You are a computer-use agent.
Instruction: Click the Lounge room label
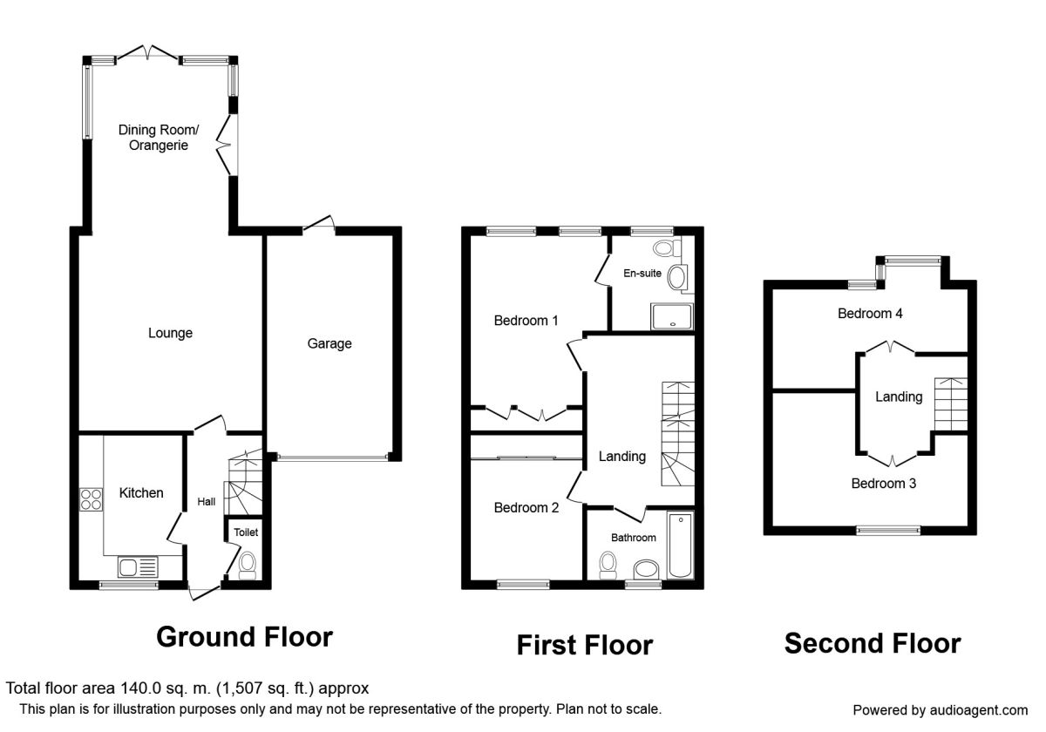(171, 333)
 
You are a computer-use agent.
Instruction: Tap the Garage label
(329, 343)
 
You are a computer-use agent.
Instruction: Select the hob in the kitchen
(91, 499)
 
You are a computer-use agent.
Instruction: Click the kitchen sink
(138, 567)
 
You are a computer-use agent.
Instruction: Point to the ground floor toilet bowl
(247, 566)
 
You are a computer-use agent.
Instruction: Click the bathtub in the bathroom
(681, 546)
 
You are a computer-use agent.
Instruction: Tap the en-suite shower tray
(672, 316)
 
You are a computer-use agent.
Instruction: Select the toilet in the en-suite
(668, 247)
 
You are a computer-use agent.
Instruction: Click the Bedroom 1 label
(526, 321)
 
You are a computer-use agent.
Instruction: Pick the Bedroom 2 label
(526, 507)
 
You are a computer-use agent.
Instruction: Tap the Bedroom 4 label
(870, 313)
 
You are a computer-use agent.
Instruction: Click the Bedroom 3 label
(884, 483)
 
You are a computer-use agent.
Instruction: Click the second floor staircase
(951, 404)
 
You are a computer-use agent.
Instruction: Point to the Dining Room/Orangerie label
(159, 138)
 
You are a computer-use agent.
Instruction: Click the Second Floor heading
(873, 643)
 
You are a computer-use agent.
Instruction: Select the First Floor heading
(585, 646)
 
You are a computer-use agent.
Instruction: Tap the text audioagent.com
(979, 710)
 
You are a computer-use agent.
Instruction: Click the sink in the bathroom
(646, 570)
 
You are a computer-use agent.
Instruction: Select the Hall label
(207, 502)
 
